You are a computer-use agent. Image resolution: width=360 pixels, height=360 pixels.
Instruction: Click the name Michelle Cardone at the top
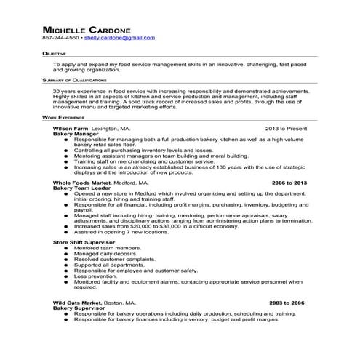pos(87,29)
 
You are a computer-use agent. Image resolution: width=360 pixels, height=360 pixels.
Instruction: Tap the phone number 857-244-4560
pos(60,37)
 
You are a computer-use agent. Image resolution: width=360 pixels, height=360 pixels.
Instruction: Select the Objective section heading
pos(55,54)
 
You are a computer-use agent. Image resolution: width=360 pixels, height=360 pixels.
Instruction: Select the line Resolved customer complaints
pos(111,258)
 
